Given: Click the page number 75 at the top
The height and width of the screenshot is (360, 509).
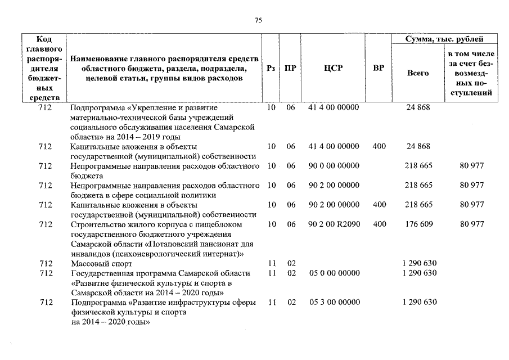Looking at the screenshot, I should [x=258, y=20].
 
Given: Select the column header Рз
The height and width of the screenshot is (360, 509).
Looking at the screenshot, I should [x=271, y=68].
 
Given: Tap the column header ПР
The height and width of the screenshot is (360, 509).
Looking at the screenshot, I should [x=290, y=68].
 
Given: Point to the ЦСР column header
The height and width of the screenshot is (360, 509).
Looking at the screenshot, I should [x=334, y=68].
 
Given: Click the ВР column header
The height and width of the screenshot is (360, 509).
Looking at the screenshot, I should [x=379, y=68].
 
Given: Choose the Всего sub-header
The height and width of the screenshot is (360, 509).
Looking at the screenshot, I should [x=418, y=73].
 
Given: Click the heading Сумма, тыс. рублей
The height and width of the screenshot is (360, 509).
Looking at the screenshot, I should [x=444, y=39].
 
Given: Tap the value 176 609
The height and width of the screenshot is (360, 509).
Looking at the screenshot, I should [x=418, y=224].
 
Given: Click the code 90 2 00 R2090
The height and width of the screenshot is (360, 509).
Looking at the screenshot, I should [x=334, y=224].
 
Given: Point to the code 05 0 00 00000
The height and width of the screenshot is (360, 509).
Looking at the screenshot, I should [x=334, y=273].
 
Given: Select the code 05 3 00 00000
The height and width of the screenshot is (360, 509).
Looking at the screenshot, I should [x=334, y=302].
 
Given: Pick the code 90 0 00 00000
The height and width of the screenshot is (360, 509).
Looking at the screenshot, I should [x=334, y=166].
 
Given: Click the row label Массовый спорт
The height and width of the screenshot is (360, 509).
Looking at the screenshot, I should [x=101, y=264].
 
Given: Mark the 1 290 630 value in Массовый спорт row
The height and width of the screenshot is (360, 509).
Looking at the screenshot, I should [x=420, y=264].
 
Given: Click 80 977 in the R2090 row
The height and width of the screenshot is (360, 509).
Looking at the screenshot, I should [x=471, y=224].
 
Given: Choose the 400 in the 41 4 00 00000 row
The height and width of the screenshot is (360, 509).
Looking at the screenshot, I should [x=379, y=146].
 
